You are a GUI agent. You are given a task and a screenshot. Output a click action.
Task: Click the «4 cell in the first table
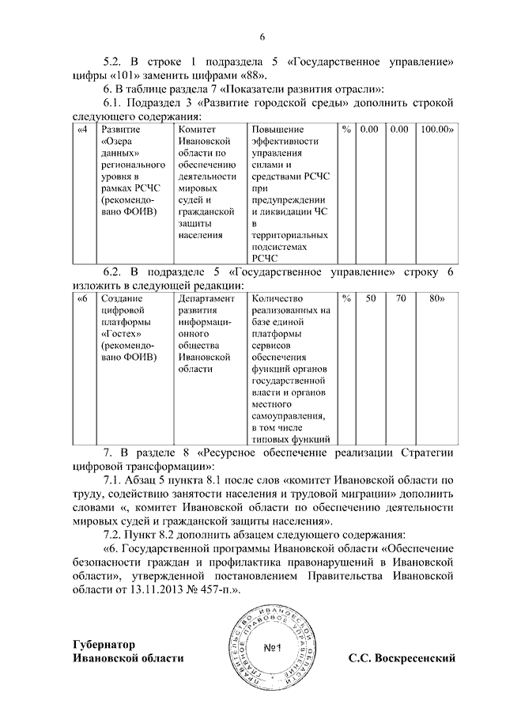(x=83, y=129)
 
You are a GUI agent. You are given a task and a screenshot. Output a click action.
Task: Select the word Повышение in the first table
(x=277, y=129)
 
